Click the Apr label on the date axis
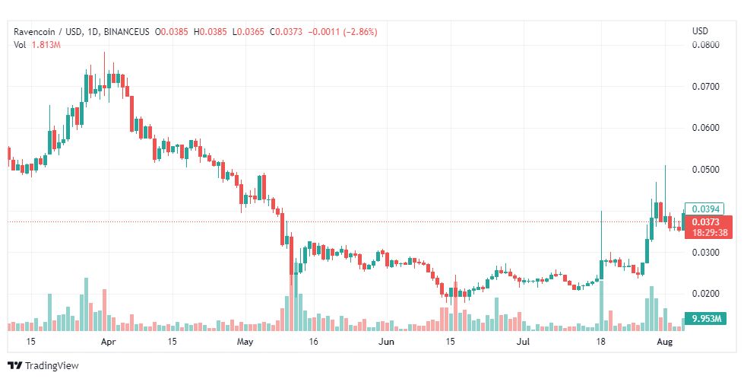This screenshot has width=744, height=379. pos(107,342)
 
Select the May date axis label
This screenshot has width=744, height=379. pos(244,342)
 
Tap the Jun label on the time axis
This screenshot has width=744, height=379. pos(387,342)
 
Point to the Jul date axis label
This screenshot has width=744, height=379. pos(524,342)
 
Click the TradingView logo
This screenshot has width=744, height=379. pos(43,365)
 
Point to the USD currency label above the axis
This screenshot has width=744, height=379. pos(700,31)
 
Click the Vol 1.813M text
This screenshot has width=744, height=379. pos(37,45)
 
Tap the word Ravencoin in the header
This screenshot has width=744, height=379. pos(35,32)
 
